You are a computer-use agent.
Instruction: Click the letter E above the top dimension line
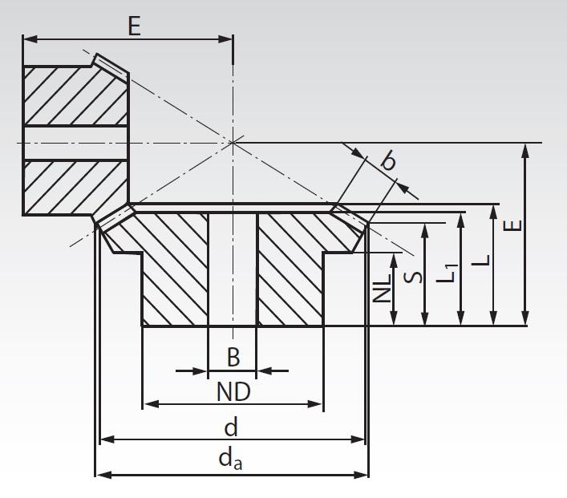[133, 26]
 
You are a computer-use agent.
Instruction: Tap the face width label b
[388, 161]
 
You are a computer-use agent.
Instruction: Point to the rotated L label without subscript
[480, 261]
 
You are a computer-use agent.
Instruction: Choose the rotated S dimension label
[412, 277]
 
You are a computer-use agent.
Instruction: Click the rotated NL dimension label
[383, 285]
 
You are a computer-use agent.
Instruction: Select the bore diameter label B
[233, 358]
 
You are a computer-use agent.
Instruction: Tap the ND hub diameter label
[233, 392]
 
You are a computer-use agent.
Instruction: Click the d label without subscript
[231, 427]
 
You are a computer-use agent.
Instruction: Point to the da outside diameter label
[231, 459]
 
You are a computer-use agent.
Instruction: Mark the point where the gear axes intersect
[233, 142]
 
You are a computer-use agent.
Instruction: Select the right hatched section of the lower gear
[290, 269]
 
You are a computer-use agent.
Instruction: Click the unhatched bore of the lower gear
[233, 269]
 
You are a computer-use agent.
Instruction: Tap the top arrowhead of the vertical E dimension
[524, 149]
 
